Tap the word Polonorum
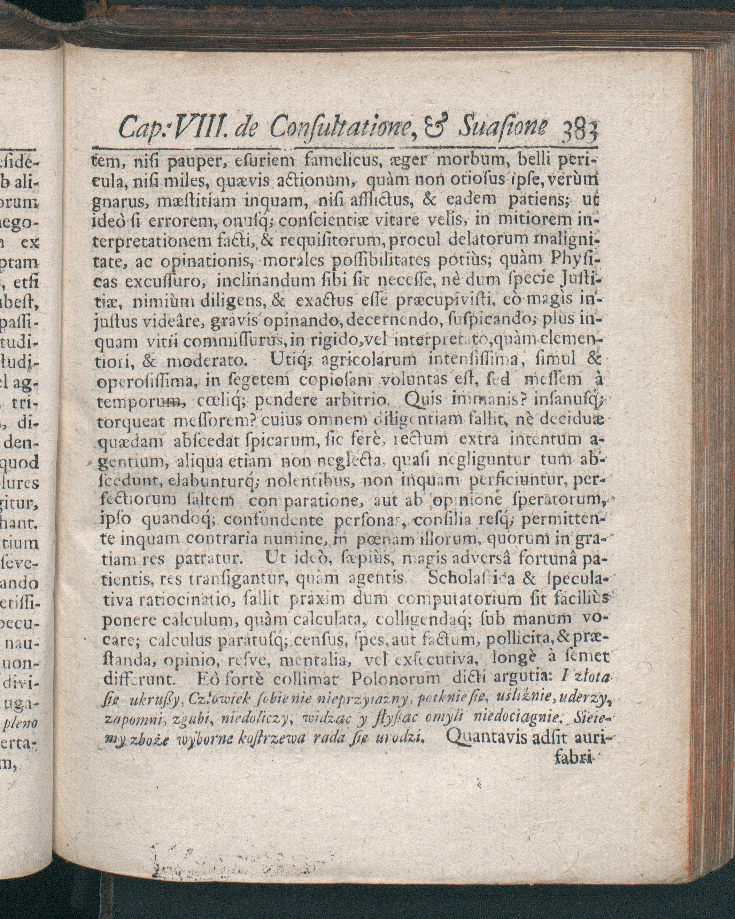point(395,678)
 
